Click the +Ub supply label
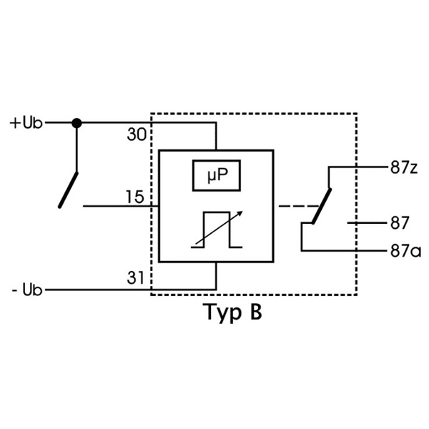click(x=26, y=123)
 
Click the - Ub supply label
click(x=27, y=290)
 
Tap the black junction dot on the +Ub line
click(x=77, y=123)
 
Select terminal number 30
click(x=136, y=134)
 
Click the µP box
click(x=215, y=176)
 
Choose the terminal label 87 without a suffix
click(x=400, y=223)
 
